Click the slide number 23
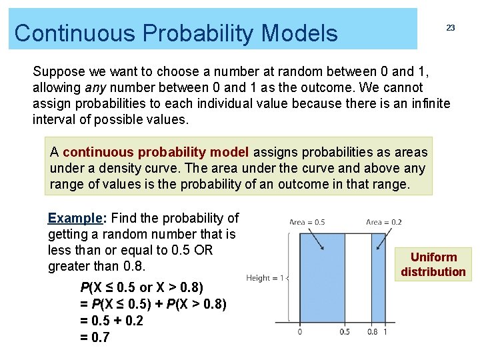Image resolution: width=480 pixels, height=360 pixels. [451, 28]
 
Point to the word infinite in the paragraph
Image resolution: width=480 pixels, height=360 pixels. [431, 103]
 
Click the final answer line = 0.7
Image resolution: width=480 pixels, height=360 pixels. [95, 337]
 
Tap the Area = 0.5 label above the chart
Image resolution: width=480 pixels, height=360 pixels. [307, 222]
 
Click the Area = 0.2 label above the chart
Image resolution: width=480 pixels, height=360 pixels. [384, 222]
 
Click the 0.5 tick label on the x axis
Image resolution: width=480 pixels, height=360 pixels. [345, 331]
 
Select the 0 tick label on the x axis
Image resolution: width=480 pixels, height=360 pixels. [299, 331]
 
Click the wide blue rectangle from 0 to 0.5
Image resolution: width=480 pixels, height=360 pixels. [322, 280]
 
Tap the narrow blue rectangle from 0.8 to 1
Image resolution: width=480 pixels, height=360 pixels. [379, 280]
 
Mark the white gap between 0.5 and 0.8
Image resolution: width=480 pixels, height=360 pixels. [358, 280]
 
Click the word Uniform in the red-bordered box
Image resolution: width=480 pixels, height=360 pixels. [433, 257]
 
